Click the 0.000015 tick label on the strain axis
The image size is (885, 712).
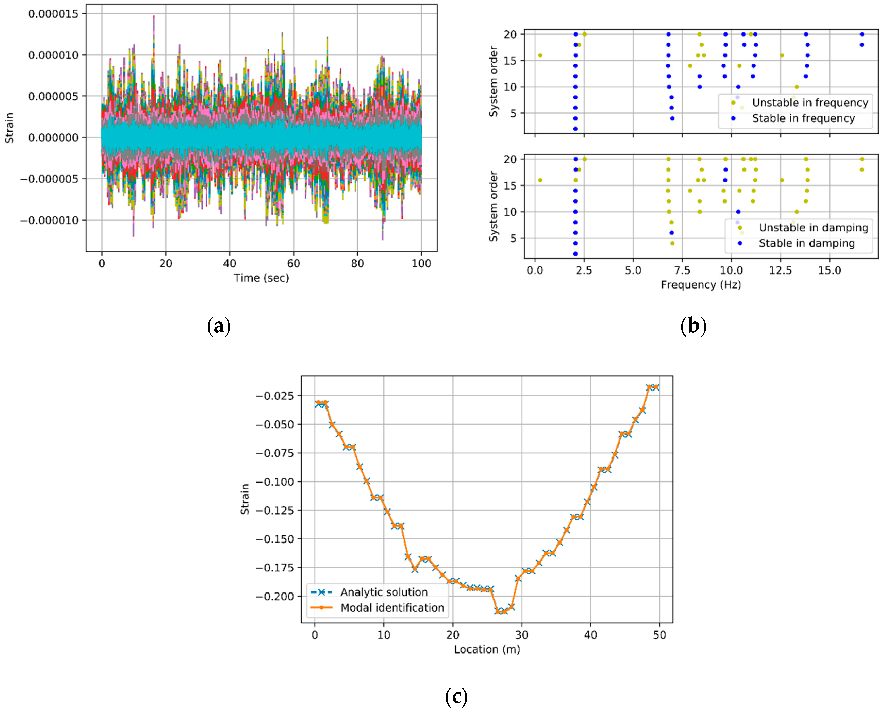(x=53, y=14)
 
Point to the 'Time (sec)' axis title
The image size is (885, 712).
(x=262, y=278)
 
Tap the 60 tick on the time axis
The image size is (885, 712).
(x=294, y=264)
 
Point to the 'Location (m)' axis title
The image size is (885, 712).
(x=487, y=649)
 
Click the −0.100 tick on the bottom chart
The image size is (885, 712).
(x=275, y=482)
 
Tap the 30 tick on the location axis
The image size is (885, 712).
(x=522, y=635)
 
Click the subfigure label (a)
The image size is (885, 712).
(x=219, y=326)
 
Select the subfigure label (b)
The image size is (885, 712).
(x=693, y=326)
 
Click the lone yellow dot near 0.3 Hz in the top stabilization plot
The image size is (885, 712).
(x=540, y=55)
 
